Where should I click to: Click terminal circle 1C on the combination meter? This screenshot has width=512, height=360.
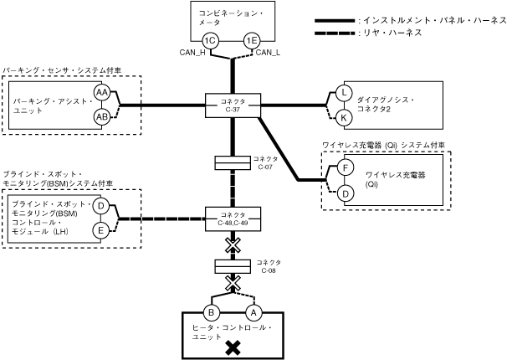pyautogui.click(x=212, y=41)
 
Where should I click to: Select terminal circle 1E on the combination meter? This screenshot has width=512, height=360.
pyautogui.click(x=251, y=41)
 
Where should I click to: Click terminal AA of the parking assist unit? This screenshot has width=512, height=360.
pyautogui.click(x=102, y=92)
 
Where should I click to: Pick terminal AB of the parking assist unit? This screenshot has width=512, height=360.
pyautogui.click(x=102, y=116)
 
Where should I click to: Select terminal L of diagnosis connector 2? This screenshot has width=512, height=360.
pyautogui.click(x=343, y=92)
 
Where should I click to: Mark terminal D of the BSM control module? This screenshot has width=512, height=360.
pyautogui.click(x=100, y=206)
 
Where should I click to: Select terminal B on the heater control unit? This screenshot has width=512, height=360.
pyautogui.click(x=212, y=312)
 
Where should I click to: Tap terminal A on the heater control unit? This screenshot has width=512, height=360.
pyautogui.click(x=254, y=312)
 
